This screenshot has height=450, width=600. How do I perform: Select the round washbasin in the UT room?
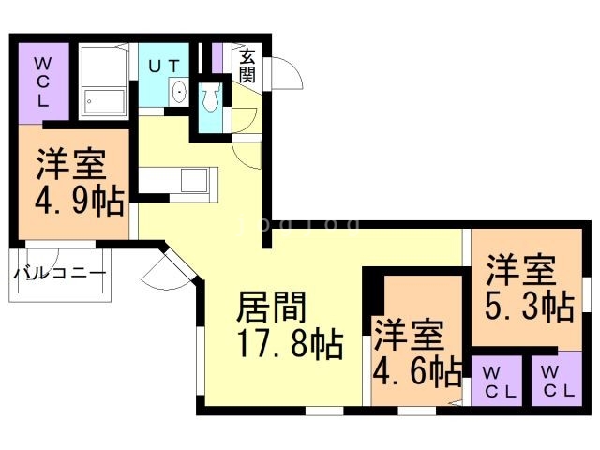click(179, 92)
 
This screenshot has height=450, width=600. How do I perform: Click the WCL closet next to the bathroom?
click(42, 82)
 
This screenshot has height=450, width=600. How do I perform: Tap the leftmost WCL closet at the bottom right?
click(497, 382)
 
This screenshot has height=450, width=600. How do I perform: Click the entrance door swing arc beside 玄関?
click(284, 71)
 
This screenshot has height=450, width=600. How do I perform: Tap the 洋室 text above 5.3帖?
click(521, 269)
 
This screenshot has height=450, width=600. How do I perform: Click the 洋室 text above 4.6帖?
click(410, 335)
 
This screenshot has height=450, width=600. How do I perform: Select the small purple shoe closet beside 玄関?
click(217, 56)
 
